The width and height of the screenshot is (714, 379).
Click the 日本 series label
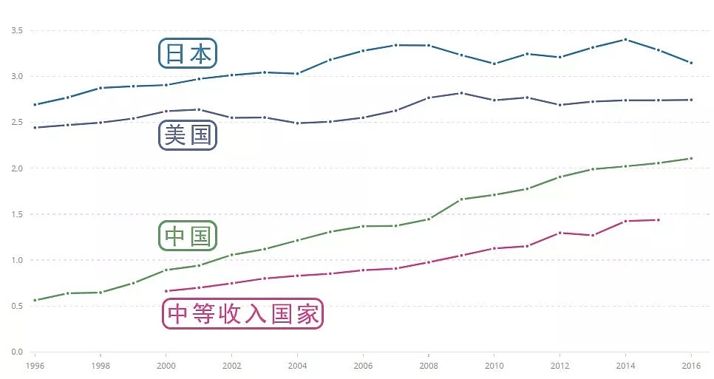188,53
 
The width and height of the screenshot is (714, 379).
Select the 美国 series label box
188,135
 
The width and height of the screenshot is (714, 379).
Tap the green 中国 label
188,236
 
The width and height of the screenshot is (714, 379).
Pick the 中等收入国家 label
242,314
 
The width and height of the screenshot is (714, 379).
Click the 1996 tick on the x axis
35,365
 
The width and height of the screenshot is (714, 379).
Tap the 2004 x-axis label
297,365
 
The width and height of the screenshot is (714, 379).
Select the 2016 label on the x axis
691,365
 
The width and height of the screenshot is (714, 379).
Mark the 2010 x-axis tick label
494,365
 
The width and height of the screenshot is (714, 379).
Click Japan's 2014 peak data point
625,39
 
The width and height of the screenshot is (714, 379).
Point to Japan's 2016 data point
691,63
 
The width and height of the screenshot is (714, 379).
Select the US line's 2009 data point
461,93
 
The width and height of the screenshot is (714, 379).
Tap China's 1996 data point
35,300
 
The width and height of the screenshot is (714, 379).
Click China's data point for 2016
691,158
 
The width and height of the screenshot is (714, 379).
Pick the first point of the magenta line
166,291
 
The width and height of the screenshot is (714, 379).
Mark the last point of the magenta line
658,219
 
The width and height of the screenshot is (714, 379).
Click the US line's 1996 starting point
35,127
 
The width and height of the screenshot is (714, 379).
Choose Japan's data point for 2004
297,73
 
